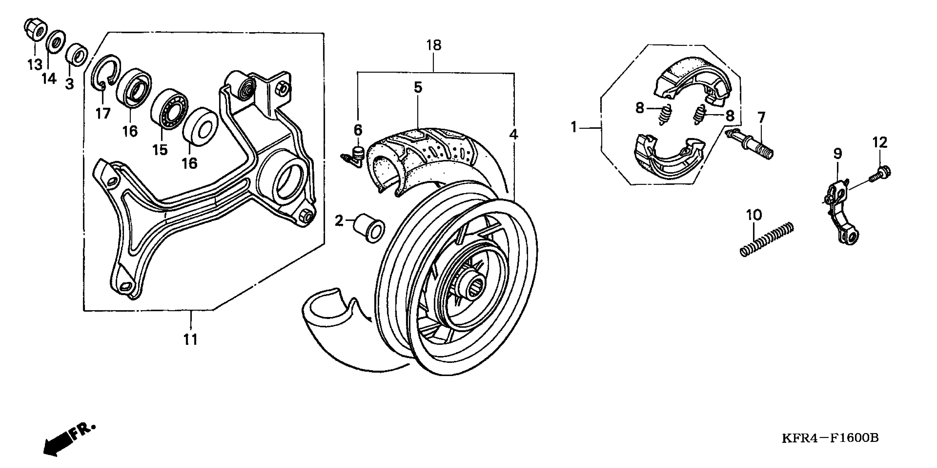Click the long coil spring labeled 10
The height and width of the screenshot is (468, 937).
coord(767,240)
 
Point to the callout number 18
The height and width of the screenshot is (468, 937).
coord(434,45)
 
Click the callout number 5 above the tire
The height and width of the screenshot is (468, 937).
coord(418,87)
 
